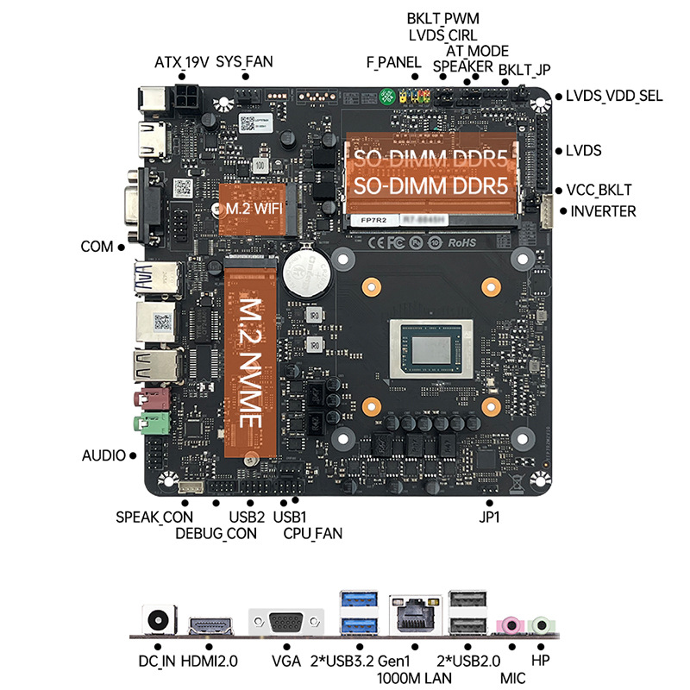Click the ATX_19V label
(181, 62)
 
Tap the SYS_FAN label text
(244, 62)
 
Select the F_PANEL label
(392, 62)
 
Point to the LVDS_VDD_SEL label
(614, 96)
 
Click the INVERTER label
(603, 211)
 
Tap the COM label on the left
(97, 247)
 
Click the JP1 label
(490, 517)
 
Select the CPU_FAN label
(312, 533)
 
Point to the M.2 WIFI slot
(250, 209)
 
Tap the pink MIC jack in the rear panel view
(511, 623)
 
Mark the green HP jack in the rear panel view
(541, 623)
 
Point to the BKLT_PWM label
(442, 18)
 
